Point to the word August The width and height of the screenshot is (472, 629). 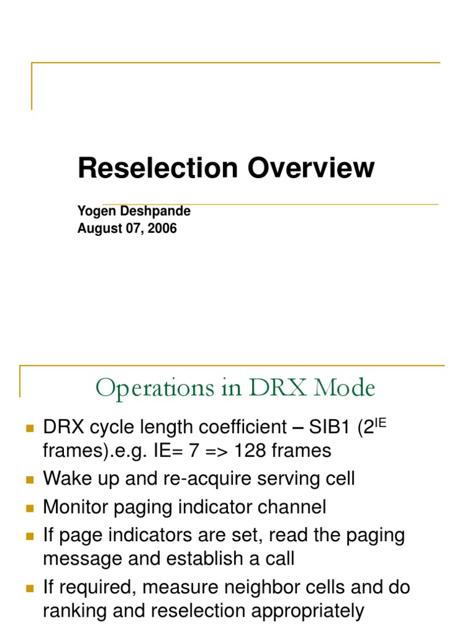(96, 229)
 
